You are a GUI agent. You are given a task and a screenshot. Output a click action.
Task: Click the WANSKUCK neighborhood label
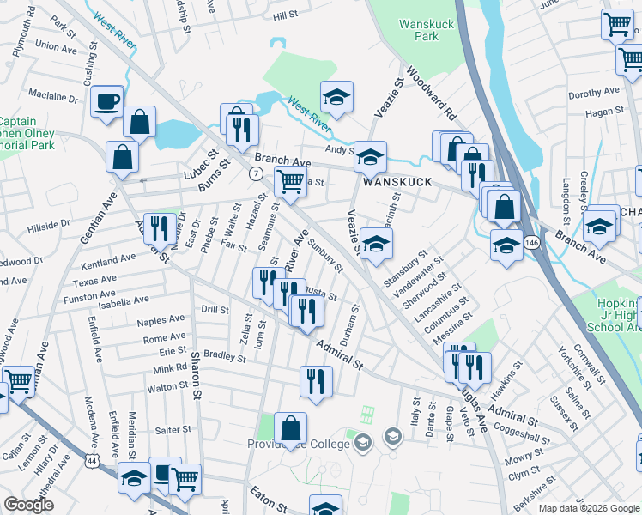(391, 183)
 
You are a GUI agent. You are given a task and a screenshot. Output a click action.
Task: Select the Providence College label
(298, 444)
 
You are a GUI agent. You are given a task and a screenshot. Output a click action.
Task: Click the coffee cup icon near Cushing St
(107, 101)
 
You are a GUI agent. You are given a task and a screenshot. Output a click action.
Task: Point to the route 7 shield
(256, 173)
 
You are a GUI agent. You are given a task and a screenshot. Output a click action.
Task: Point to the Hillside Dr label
(48, 225)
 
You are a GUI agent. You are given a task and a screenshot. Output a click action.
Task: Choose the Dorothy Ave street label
(593, 92)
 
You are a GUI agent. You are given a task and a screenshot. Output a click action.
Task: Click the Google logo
(28, 505)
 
